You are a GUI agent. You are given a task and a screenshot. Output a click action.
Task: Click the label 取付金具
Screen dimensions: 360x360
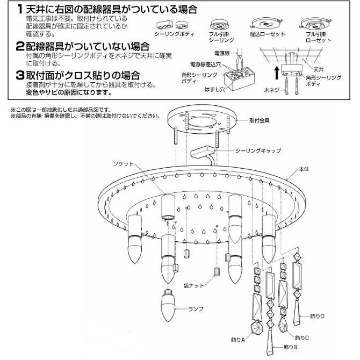pos(259,120)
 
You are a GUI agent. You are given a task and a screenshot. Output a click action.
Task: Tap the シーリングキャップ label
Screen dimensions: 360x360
pos(258,150)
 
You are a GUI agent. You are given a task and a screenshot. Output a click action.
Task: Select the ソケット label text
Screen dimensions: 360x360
pos(123,164)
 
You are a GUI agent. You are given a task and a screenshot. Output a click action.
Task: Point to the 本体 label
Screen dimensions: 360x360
pos(304,169)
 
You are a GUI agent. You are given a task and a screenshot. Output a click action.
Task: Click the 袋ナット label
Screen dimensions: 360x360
pos(193,286)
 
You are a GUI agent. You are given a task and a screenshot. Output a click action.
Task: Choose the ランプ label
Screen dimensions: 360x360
pos(196,309)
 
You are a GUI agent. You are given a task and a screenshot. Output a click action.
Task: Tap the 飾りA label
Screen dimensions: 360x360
pos(238,340)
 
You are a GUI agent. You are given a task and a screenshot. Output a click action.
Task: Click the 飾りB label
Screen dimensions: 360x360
pos(291,347)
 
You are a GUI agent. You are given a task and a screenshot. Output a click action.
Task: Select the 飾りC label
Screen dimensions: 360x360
pos(302,337)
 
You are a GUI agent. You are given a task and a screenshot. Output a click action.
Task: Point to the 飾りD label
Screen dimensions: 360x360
pos(318,316)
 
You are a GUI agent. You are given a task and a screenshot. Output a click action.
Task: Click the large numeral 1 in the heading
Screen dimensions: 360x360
pos(20,10)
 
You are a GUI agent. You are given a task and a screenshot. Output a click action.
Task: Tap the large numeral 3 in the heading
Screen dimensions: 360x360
pos(20,75)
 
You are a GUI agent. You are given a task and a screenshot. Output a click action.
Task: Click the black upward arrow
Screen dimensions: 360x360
pos(277,73)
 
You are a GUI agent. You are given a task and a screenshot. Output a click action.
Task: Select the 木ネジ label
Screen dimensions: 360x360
pos(272,90)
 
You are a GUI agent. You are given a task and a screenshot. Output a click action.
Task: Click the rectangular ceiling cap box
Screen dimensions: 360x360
pos(203,153)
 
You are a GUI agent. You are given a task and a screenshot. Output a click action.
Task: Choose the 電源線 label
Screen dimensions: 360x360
pos(222,53)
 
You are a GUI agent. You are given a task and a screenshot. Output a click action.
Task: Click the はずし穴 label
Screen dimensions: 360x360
pos(215,89)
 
